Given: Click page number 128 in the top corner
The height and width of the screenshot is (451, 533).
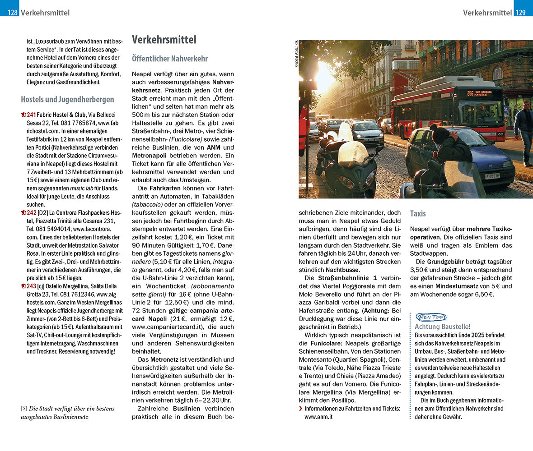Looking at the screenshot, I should click(12, 13).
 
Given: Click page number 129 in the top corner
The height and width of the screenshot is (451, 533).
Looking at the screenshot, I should click(520, 13).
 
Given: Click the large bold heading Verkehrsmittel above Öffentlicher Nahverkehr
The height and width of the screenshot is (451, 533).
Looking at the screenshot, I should click(164, 40).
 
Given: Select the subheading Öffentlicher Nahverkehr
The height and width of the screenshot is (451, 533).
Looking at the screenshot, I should click(170, 59).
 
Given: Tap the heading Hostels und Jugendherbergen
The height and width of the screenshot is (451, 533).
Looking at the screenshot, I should click(67, 100).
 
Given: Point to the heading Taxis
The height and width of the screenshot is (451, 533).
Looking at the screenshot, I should click(418, 213).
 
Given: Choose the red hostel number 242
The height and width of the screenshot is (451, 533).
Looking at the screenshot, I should click(31, 213).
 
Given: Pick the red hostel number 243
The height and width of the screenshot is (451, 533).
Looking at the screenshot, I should click(31, 286).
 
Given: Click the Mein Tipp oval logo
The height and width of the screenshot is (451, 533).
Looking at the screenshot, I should click(430, 317).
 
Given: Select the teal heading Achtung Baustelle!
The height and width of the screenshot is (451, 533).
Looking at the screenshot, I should click(443, 327).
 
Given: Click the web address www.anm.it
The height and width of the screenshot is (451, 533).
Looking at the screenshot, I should click(318, 417).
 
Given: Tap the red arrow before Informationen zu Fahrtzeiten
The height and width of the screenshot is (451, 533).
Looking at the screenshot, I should click(301, 409).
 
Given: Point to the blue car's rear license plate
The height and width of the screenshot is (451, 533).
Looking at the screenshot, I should click(492, 176).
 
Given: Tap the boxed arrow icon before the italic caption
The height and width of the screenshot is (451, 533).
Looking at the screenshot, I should click(24, 409).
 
